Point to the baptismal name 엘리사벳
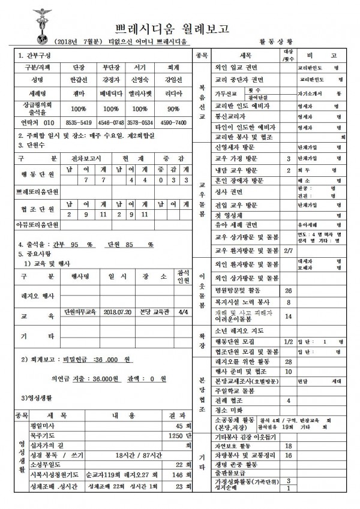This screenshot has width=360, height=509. click(x=140, y=94)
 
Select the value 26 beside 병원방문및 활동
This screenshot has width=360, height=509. click(x=289, y=290)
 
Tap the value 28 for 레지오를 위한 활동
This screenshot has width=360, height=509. click(x=289, y=362)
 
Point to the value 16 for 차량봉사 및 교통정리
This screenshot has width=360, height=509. click(x=289, y=456)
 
